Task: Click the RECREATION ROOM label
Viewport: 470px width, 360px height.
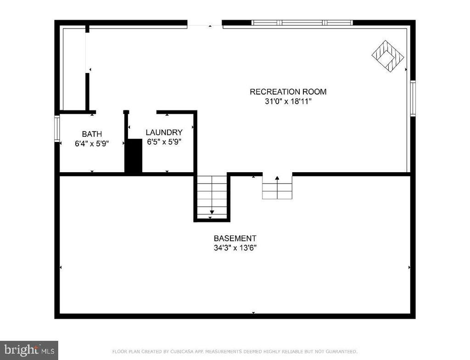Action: [x=288, y=91]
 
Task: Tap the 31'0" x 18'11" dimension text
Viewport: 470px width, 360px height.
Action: [x=288, y=101]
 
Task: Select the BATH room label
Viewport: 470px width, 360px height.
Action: [x=92, y=134]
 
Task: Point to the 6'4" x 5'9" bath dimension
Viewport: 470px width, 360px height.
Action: [x=92, y=144]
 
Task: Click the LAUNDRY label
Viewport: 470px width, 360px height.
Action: [x=164, y=132]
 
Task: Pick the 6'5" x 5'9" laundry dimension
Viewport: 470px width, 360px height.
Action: [x=164, y=141]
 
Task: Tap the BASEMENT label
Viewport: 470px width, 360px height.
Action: [x=235, y=238]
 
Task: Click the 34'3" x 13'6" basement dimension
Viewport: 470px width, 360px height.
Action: [x=235, y=248]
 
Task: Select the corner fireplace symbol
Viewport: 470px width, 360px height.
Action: [x=388, y=56]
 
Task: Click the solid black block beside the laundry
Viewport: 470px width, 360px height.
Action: [x=134, y=156]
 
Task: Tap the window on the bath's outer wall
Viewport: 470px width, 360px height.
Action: [x=57, y=128]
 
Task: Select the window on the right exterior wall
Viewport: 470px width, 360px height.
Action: [x=413, y=98]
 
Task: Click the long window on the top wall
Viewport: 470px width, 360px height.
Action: [x=302, y=22]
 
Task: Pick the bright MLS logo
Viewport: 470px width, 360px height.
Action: [x=29, y=350]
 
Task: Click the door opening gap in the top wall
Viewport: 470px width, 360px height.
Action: [x=205, y=23]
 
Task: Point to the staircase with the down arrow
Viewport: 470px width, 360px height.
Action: [x=212, y=197]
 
